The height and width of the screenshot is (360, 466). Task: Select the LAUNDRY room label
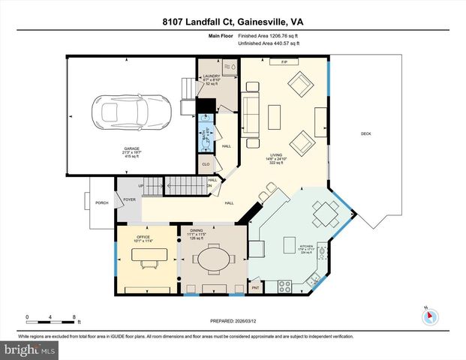210,76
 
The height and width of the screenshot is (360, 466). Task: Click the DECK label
365,133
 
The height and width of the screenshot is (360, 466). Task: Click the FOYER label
130,199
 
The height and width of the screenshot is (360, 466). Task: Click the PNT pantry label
255,288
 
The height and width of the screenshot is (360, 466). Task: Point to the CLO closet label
206,164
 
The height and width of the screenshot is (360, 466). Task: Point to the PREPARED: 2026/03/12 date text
233,319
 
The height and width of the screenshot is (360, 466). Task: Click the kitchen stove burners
285,285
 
